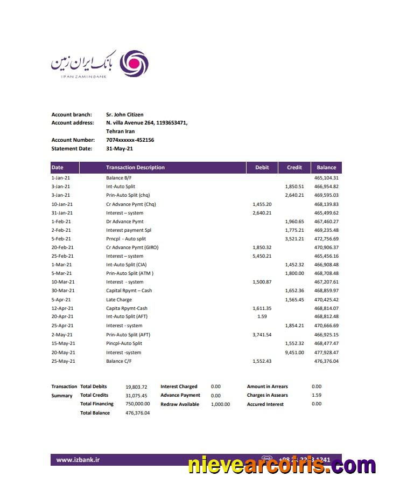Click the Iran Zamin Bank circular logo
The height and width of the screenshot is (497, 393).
pyautogui.click(x=133, y=64)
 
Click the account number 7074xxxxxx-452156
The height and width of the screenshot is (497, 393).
pyautogui.click(x=130, y=140)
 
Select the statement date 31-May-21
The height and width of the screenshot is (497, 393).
pyautogui.click(x=120, y=149)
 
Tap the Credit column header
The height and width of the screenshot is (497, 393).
pyautogui.click(x=294, y=168)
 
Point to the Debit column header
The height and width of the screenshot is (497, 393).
pyautogui.click(x=262, y=168)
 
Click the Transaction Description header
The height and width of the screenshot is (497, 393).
pyautogui.click(x=135, y=168)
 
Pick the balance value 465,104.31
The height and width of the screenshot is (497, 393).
pyautogui.click(x=326, y=178)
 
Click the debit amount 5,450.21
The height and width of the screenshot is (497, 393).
pyautogui.click(x=262, y=256)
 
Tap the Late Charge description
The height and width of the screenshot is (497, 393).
pyautogui.click(x=119, y=300)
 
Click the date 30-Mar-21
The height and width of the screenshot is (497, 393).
pyautogui.click(x=63, y=291)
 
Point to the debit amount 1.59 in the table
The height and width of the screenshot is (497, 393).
pyautogui.click(x=262, y=316)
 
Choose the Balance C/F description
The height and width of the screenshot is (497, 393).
pyautogui.click(x=119, y=361)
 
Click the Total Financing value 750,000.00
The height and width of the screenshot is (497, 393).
pyautogui.click(x=137, y=404)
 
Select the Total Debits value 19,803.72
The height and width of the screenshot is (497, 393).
pyautogui.click(x=136, y=386)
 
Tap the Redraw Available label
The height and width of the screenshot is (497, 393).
pyautogui.click(x=180, y=404)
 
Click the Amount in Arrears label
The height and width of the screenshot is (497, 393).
pyautogui.click(x=267, y=386)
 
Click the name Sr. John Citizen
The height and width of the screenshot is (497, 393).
pyautogui.click(x=124, y=114)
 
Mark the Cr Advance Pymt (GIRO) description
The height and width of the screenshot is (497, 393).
pyautogui.click(x=132, y=247)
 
